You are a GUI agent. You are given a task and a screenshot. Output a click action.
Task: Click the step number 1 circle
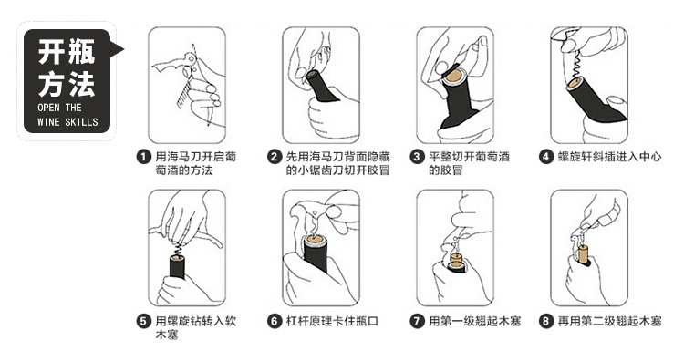tap(143, 157)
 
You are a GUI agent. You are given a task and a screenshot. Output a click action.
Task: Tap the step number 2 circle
tap(275, 157)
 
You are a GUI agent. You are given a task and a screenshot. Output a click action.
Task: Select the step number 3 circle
tap(417, 157)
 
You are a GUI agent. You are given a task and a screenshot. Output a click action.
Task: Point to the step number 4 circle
tap(546, 157)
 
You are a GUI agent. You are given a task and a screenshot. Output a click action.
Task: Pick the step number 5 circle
tap(143, 322)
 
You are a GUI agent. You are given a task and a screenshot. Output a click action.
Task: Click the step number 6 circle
tap(275, 322)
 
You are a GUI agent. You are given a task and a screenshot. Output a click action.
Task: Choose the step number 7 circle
tap(417, 322)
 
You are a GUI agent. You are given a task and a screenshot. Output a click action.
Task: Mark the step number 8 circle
tap(546, 322)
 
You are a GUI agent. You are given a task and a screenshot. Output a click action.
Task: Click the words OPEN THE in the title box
tap(59, 108)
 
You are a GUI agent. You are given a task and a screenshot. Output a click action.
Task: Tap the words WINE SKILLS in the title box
tap(67, 121)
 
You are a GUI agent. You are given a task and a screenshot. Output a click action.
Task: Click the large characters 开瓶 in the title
tap(67, 52)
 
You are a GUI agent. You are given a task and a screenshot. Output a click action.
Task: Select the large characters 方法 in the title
tap(67, 84)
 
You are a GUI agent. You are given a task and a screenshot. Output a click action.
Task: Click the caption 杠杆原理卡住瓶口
tap(332, 322)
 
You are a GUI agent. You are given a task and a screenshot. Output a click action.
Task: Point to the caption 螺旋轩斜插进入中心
tap(610, 157)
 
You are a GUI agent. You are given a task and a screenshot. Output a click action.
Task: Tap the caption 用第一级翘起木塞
tap(474, 322)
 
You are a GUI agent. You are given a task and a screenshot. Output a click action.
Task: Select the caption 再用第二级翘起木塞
tap(610, 322)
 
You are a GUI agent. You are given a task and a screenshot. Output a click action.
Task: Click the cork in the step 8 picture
tap(583, 254)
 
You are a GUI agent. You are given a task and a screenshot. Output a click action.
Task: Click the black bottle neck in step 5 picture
tap(177, 267)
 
